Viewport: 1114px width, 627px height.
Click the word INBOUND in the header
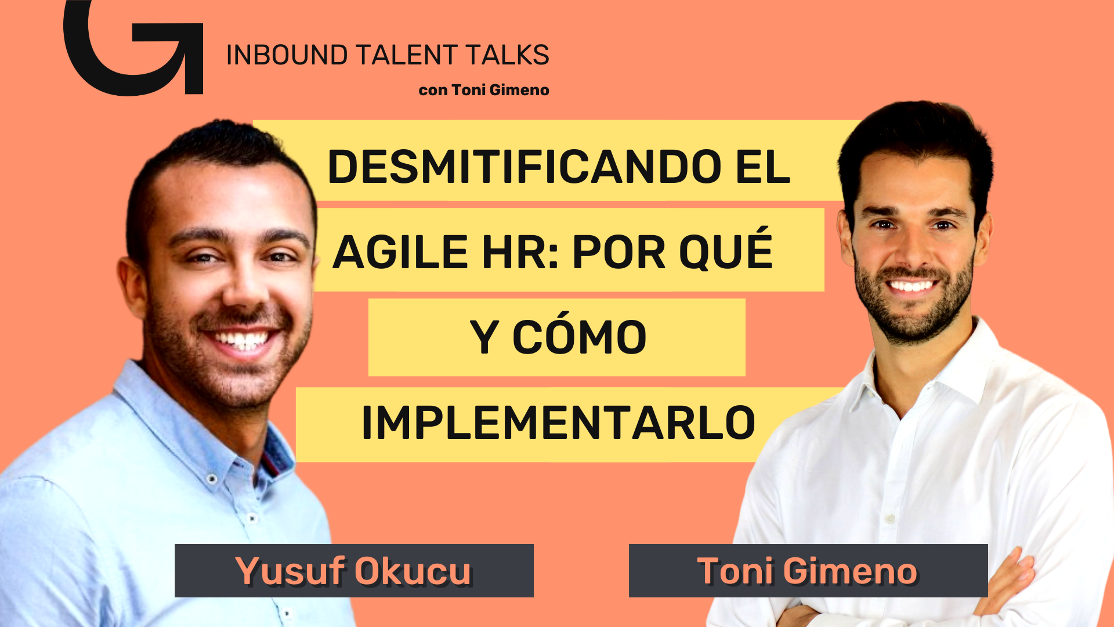(287, 55)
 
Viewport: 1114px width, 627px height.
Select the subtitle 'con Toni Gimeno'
(484, 90)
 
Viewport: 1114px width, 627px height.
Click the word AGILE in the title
(400, 252)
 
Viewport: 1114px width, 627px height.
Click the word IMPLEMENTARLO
(558, 423)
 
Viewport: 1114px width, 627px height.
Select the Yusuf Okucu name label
(354, 571)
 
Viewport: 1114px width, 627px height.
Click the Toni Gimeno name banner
(808, 571)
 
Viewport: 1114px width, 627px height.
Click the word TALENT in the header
(407, 55)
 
